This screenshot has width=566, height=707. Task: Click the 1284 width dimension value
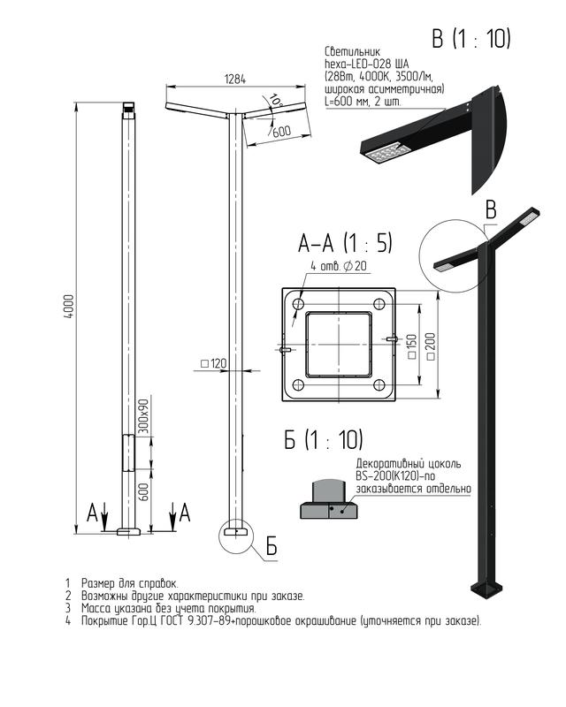click(x=235, y=80)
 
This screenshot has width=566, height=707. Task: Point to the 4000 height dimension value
click(x=69, y=307)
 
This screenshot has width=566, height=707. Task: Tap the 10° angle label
click(x=274, y=100)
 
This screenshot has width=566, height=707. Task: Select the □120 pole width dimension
click(x=213, y=363)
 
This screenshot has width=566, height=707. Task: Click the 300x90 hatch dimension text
click(x=143, y=415)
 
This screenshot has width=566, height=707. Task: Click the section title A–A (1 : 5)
click(x=345, y=243)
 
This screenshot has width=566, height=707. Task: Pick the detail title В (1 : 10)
click(x=470, y=38)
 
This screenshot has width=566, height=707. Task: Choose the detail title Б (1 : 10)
click(x=323, y=439)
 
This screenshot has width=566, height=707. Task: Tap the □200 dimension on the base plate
click(x=431, y=346)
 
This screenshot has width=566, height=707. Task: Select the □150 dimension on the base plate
click(x=411, y=346)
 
